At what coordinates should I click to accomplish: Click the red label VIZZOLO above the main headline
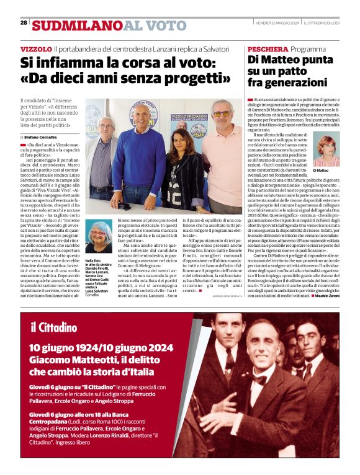coord(35,48)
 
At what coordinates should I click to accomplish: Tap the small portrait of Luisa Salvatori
coord(98,236)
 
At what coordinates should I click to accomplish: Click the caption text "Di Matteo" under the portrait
coord(321,170)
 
